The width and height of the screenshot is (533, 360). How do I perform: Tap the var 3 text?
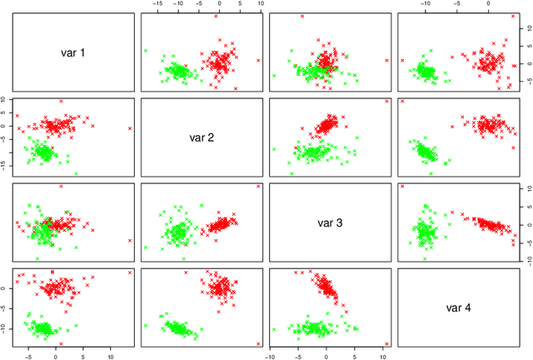pyautogui.click(x=330, y=222)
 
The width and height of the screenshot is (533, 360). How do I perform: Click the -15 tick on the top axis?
pyautogui.click(x=157, y=4)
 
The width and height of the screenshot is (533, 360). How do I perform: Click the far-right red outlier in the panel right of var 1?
pyautogui.click(x=258, y=60)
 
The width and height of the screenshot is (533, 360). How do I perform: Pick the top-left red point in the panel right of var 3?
pyautogui.click(x=403, y=186)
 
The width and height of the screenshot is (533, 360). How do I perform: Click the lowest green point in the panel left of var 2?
pyautogui.click(x=77, y=173)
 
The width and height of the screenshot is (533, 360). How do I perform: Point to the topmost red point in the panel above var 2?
pyautogui.click(x=216, y=16)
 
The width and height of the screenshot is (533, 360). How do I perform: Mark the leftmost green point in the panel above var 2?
pyautogui.click(x=146, y=51)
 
